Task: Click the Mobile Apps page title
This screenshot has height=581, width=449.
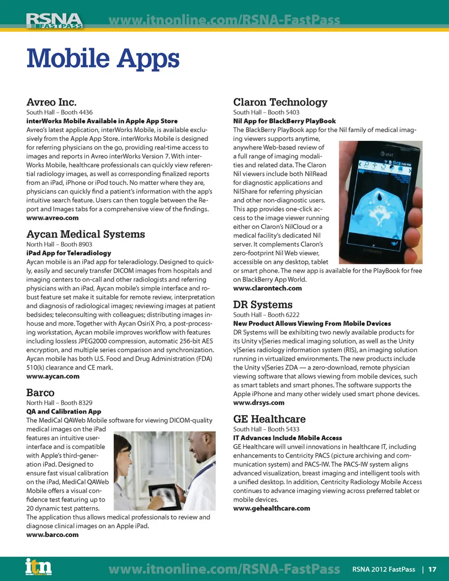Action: tap(103, 58)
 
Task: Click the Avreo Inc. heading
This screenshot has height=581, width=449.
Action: tap(51, 102)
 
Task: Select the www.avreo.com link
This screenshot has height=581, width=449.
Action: tap(52, 218)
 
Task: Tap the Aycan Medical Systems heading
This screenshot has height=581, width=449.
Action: tap(86, 234)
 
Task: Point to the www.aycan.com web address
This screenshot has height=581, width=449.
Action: tap(53, 377)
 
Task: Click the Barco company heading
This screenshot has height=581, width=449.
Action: tap(40, 392)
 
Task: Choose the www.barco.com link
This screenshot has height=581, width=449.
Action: tap(52, 535)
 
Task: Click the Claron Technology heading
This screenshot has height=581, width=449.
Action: tap(280, 102)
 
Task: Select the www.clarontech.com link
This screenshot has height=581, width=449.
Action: tap(268, 288)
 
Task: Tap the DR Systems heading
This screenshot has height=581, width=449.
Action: tap(263, 305)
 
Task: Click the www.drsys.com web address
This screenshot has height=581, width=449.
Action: tap(259, 403)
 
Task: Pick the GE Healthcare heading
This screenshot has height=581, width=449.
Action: tap(269, 419)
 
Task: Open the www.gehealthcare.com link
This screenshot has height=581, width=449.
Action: tap(272, 508)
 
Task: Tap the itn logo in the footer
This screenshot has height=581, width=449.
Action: tap(38, 566)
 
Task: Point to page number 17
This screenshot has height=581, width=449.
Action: tap(432, 569)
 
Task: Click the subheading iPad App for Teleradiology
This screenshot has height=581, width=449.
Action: tap(69, 253)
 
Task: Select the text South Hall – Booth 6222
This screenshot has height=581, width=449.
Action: tap(266, 315)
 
